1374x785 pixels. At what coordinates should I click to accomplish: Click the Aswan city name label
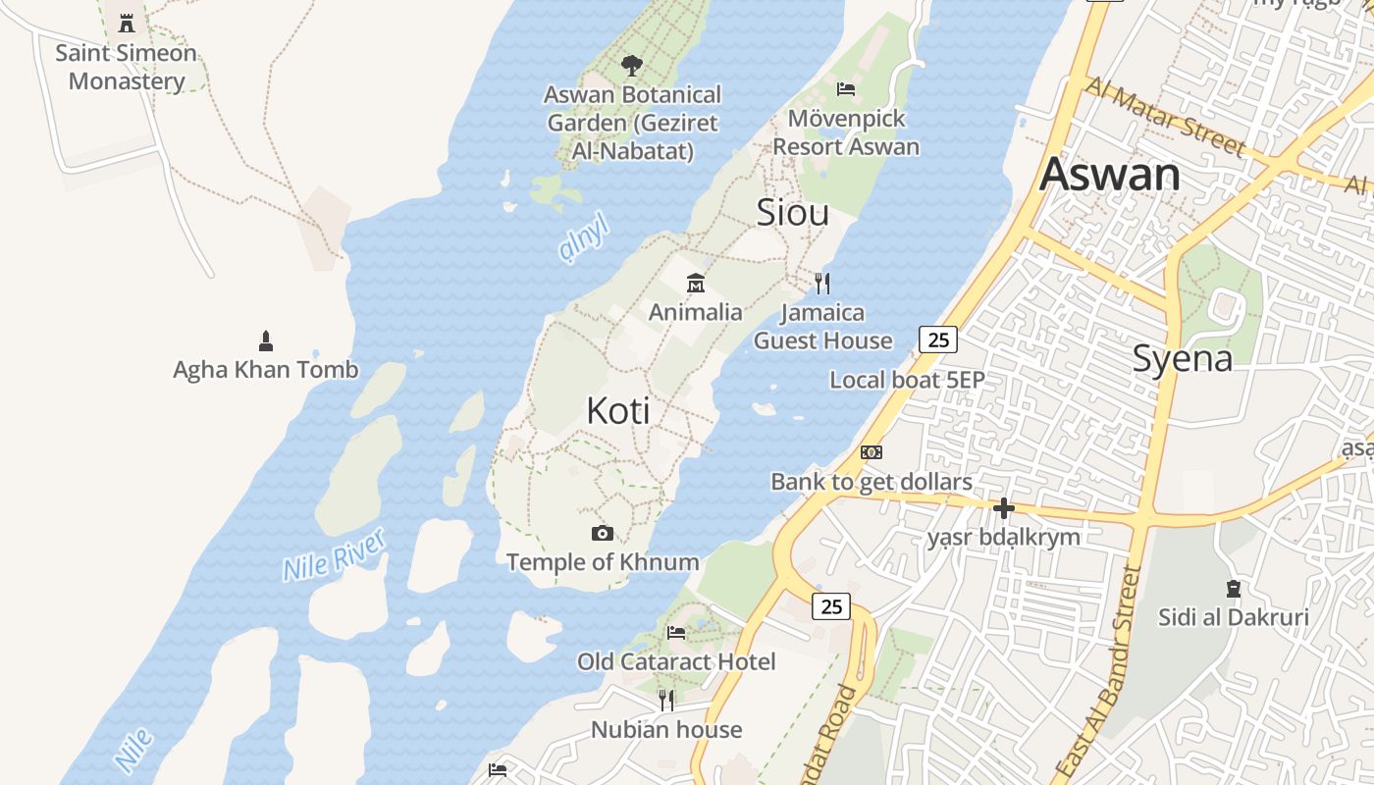point(1109,175)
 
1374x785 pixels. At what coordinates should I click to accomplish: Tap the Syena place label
point(1182,359)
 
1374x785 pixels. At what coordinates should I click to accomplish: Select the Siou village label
point(792,213)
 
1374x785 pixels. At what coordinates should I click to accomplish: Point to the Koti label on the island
point(618,411)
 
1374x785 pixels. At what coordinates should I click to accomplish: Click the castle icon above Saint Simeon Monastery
point(127,23)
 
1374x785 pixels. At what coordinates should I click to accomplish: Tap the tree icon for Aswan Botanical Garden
point(632,66)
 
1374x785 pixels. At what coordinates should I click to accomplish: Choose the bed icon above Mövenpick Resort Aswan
point(846,89)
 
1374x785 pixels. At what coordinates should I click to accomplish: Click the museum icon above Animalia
point(696,284)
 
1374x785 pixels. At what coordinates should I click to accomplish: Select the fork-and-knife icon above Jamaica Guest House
point(822,284)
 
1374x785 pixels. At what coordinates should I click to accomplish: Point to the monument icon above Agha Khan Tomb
point(265,341)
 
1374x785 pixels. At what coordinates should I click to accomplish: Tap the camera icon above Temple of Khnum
point(603,534)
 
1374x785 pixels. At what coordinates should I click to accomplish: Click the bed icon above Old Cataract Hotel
point(676,633)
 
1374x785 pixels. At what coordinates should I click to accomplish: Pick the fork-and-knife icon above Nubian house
point(666,701)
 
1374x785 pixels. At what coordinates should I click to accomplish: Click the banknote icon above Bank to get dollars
point(872,452)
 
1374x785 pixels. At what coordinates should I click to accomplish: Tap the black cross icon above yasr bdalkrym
point(1003,508)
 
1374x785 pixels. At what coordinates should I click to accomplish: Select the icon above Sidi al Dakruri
point(1234,589)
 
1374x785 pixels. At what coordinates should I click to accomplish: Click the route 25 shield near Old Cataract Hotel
point(831,606)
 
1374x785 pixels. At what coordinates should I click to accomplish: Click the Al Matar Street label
point(1165,117)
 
